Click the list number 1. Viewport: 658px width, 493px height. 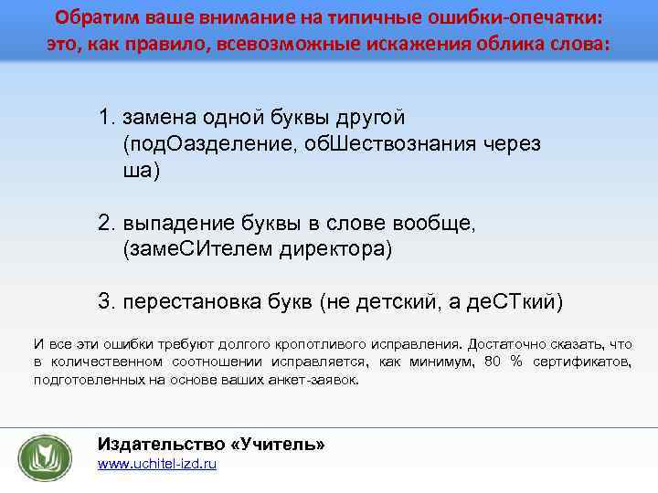point(106,118)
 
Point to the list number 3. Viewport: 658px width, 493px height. point(106,301)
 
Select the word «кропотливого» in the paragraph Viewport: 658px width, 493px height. point(284,344)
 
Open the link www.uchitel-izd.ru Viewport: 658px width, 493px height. point(156,465)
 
